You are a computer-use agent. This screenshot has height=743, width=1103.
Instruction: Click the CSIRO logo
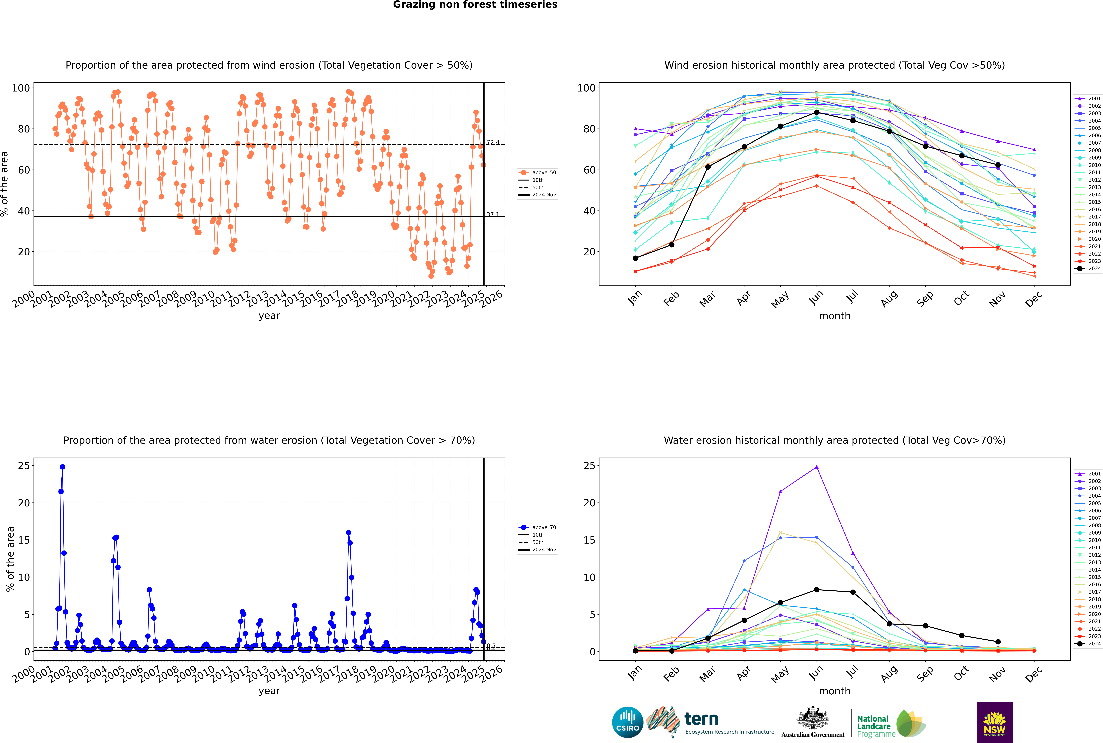pos(627,722)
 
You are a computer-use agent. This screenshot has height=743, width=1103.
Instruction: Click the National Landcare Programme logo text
pos(874,726)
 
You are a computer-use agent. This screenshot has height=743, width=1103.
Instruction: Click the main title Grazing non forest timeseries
pos(475,5)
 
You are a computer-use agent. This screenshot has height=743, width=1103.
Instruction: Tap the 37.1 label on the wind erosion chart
pos(493,215)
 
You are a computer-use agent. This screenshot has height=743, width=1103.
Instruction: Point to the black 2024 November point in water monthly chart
pos(998,642)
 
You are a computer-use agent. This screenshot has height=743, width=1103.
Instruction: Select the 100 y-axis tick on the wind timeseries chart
pos(21,88)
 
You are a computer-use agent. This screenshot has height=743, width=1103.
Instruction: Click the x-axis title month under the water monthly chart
pos(835,691)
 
